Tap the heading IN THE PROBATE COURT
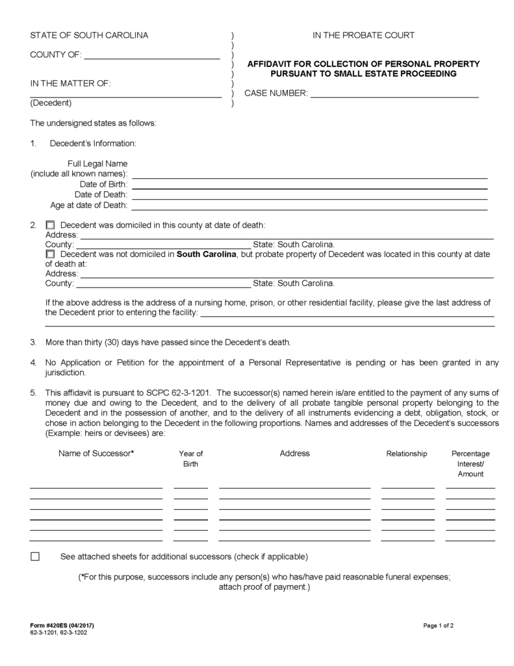(x=363, y=35)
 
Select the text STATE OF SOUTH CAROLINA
(x=89, y=35)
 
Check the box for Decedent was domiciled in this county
(x=50, y=225)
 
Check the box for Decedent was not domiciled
(x=50, y=254)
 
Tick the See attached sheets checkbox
(x=35, y=557)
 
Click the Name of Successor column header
(x=96, y=453)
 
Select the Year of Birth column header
(x=190, y=459)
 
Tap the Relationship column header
(x=407, y=453)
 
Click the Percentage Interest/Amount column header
(x=470, y=464)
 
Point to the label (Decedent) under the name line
(x=51, y=103)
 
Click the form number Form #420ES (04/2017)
(x=66, y=626)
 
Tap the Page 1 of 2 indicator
(x=438, y=626)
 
